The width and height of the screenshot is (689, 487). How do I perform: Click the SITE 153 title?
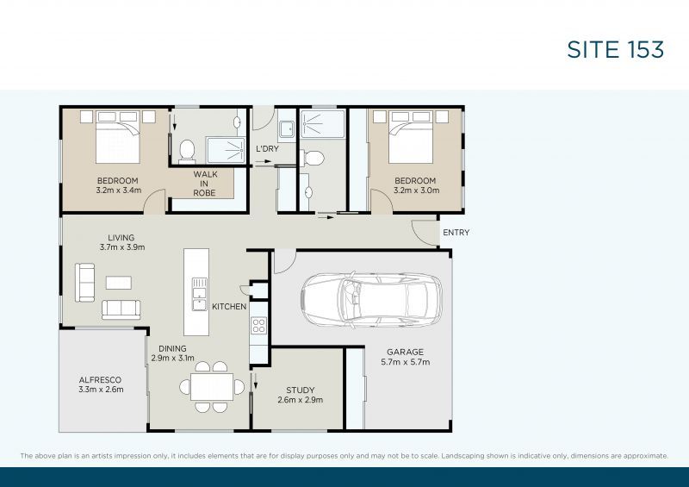615,49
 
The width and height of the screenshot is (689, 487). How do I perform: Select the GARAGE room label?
404,352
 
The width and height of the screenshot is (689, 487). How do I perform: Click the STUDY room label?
301,390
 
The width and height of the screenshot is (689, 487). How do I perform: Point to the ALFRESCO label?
100,379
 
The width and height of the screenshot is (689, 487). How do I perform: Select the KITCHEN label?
229,306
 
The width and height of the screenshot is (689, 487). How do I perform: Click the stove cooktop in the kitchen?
258,326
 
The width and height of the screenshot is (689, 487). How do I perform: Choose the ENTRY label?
456,233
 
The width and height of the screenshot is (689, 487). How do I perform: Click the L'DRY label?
267,149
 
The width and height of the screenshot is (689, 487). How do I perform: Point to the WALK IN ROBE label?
204,184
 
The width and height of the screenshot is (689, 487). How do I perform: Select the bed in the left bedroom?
117,136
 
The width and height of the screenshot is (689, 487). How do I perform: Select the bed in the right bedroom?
411,136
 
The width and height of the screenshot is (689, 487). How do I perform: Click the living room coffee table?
118,282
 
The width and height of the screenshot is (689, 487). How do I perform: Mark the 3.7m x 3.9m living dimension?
121,247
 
